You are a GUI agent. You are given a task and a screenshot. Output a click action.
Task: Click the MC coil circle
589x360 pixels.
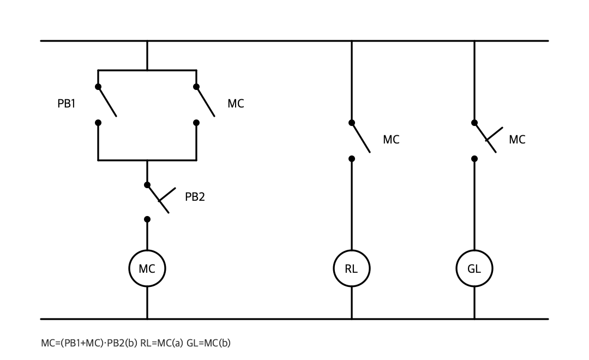[x=147, y=251]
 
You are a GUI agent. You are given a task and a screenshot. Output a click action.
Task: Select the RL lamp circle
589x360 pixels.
[x=352, y=251]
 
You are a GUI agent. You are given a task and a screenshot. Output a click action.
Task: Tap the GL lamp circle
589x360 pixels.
[x=474, y=251]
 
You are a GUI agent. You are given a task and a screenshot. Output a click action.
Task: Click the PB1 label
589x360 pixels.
[x=67, y=104]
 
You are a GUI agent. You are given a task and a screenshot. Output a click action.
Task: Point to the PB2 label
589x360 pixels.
[x=195, y=197]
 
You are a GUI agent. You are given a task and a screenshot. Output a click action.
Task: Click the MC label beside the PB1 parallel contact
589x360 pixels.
[x=236, y=104]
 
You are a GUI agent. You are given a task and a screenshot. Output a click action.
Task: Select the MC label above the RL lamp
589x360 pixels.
[x=391, y=140]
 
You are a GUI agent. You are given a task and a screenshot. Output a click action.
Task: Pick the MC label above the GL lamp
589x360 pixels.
[x=517, y=140]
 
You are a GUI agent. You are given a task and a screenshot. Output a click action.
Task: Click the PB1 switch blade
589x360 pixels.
[x=107, y=101]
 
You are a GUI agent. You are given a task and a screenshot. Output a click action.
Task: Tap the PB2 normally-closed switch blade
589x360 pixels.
[x=158, y=199]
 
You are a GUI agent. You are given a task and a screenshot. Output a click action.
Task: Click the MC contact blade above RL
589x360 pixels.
[x=361, y=137]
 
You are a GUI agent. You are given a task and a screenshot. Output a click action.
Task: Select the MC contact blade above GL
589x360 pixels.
[x=485, y=137]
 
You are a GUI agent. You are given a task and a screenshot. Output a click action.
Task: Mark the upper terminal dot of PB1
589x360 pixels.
[x=98, y=87]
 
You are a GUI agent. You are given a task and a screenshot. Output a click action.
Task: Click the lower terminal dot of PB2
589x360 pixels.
[x=147, y=219]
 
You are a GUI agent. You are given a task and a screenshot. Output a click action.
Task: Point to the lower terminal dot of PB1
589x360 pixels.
[x=98, y=123]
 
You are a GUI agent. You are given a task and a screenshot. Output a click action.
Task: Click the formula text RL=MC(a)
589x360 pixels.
[x=161, y=343]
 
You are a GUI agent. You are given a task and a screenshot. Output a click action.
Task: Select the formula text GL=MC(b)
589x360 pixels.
[x=208, y=343]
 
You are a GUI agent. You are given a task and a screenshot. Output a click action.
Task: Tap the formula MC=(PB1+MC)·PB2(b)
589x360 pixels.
[x=89, y=343]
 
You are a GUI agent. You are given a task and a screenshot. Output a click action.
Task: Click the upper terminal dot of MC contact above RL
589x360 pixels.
[x=352, y=123]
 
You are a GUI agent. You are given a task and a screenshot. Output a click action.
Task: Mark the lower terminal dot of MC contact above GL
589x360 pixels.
[x=474, y=159]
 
